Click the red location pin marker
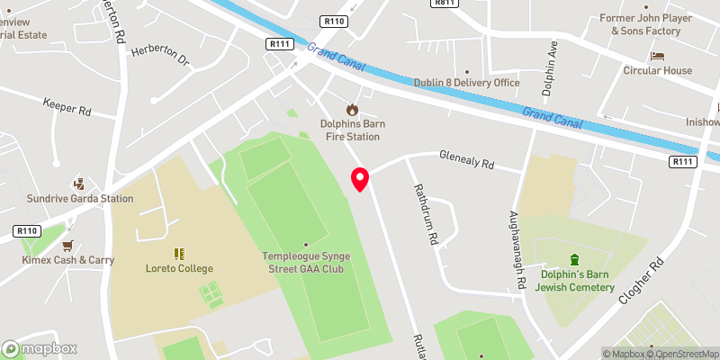point(360,178)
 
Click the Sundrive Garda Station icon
point(78,183)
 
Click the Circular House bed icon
point(657,56)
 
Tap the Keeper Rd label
point(67,109)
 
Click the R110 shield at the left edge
point(27,231)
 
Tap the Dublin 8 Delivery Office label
point(466,83)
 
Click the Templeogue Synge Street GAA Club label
point(305,262)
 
